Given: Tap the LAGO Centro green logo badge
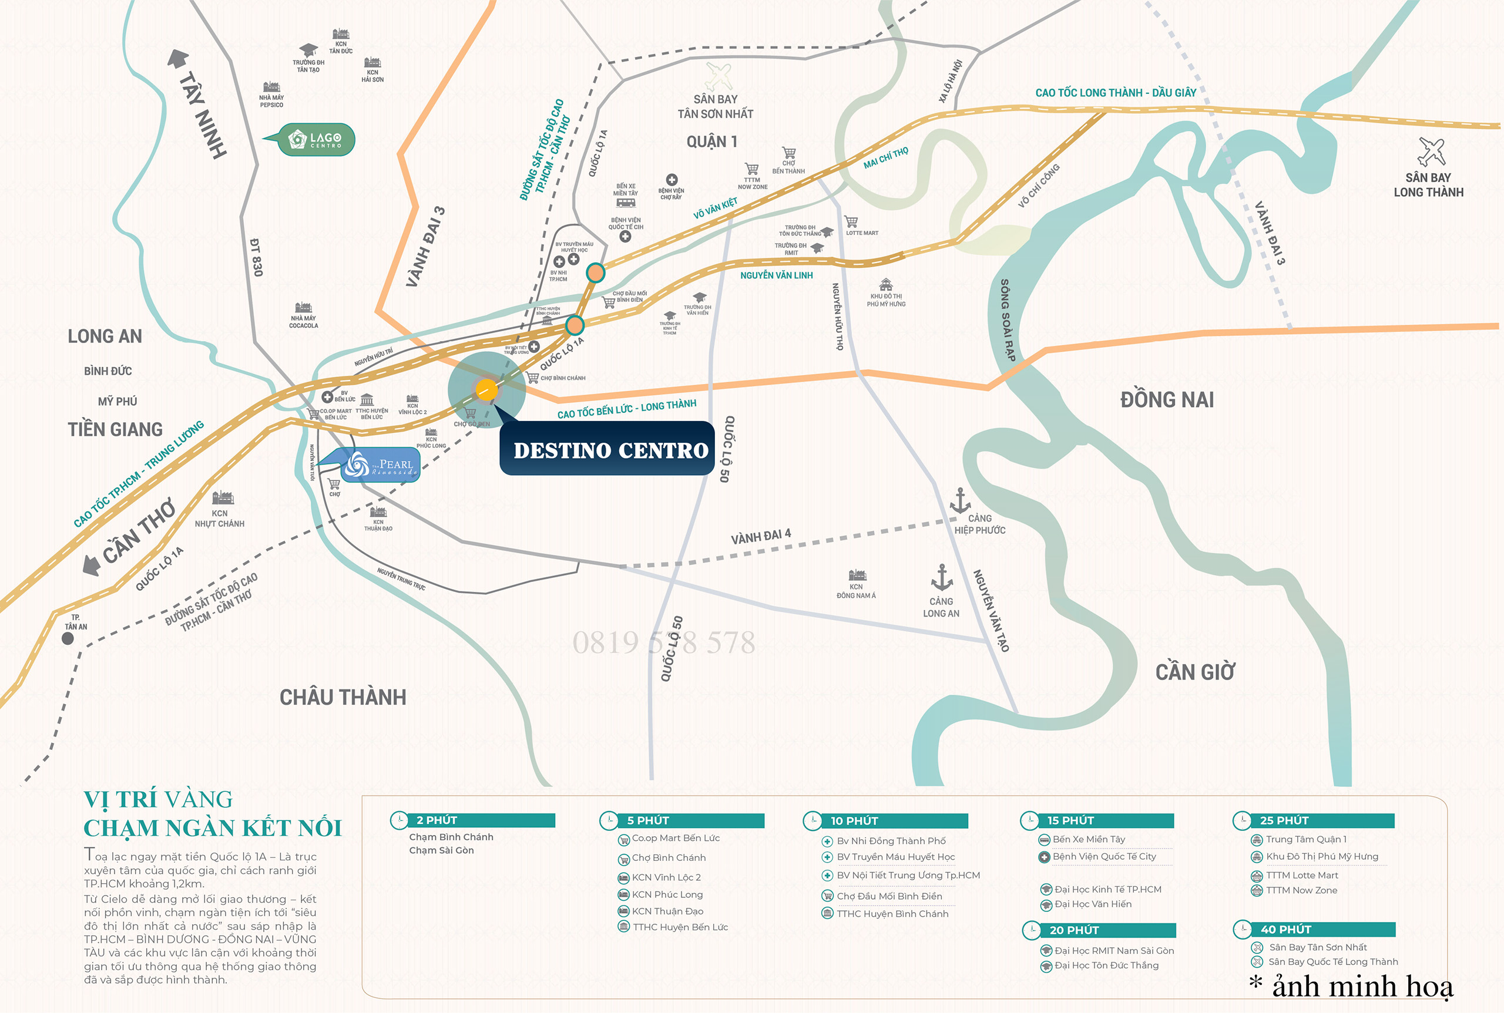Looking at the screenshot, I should pos(316,140).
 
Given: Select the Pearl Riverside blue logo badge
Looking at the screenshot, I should pos(380,465).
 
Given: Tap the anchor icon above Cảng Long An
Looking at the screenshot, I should pos(941,577).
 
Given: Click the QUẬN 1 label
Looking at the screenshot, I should pos(711,142).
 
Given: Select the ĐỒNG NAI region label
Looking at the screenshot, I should pos(1167,400).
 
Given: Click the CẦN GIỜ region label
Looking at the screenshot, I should pos(1195,672).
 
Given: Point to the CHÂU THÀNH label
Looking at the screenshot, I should pos(343,698).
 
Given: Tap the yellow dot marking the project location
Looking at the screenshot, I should pos(486,389).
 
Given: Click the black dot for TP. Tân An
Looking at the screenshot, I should pos(67,638).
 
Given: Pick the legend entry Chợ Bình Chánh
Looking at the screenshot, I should pos(669,858).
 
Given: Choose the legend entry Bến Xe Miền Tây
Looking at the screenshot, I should pos(1089,839).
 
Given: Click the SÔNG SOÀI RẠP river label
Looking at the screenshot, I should pos(1008,320).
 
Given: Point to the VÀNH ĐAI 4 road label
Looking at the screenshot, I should pos(761,536).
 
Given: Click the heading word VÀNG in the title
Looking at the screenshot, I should pos(199,800).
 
